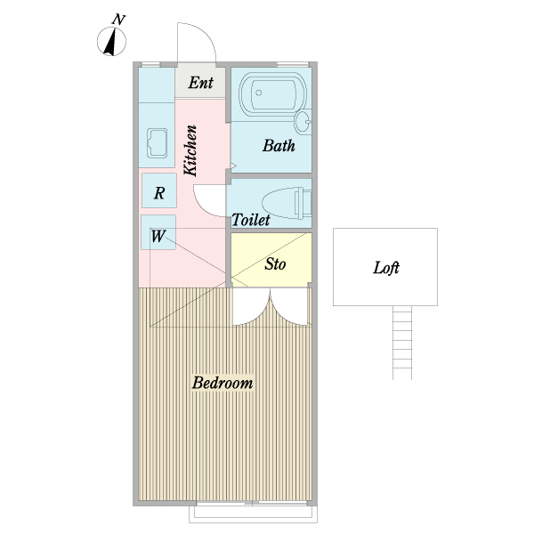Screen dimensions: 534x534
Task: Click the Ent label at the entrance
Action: coord(201,83)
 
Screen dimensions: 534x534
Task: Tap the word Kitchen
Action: coord(190,150)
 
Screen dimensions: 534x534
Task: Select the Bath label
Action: coord(279,145)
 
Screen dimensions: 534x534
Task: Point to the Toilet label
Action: coord(251,220)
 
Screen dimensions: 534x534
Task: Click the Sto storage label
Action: coord(275,264)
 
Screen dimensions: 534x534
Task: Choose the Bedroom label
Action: coord(222,383)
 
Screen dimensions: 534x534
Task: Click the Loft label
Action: coord(386,268)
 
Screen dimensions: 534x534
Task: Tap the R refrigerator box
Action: coord(159,190)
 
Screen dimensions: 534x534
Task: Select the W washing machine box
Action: coord(158,232)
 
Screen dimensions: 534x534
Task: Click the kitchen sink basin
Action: coord(157,143)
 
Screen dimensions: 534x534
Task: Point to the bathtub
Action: coord(272,93)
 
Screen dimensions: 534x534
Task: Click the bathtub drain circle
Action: coord(258,93)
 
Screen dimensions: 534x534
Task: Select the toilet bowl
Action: coord(287,203)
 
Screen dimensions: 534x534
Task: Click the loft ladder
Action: coord(402,343)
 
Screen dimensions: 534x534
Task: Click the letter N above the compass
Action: coord(118,20)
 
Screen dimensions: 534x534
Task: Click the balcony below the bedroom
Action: coord(253,514)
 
